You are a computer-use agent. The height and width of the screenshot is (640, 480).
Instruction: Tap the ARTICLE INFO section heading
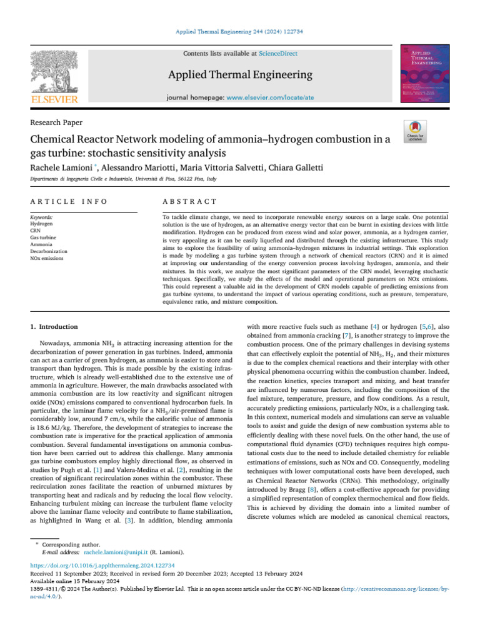(x=69, y=201)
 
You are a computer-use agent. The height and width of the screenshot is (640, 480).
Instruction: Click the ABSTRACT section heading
(x=189, y=201)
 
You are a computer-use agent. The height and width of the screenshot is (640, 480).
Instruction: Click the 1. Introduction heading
(x=54, y=327)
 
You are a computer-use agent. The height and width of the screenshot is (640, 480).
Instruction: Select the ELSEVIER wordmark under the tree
(x=55, y=100)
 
